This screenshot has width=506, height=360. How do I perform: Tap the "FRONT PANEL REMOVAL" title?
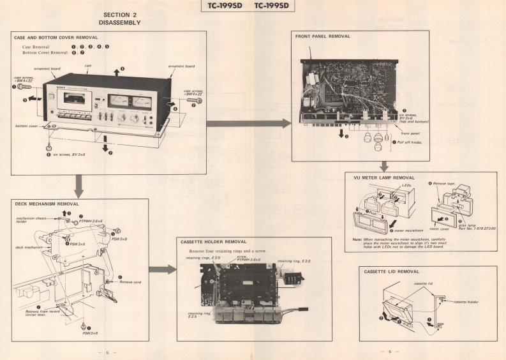point(323,36)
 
